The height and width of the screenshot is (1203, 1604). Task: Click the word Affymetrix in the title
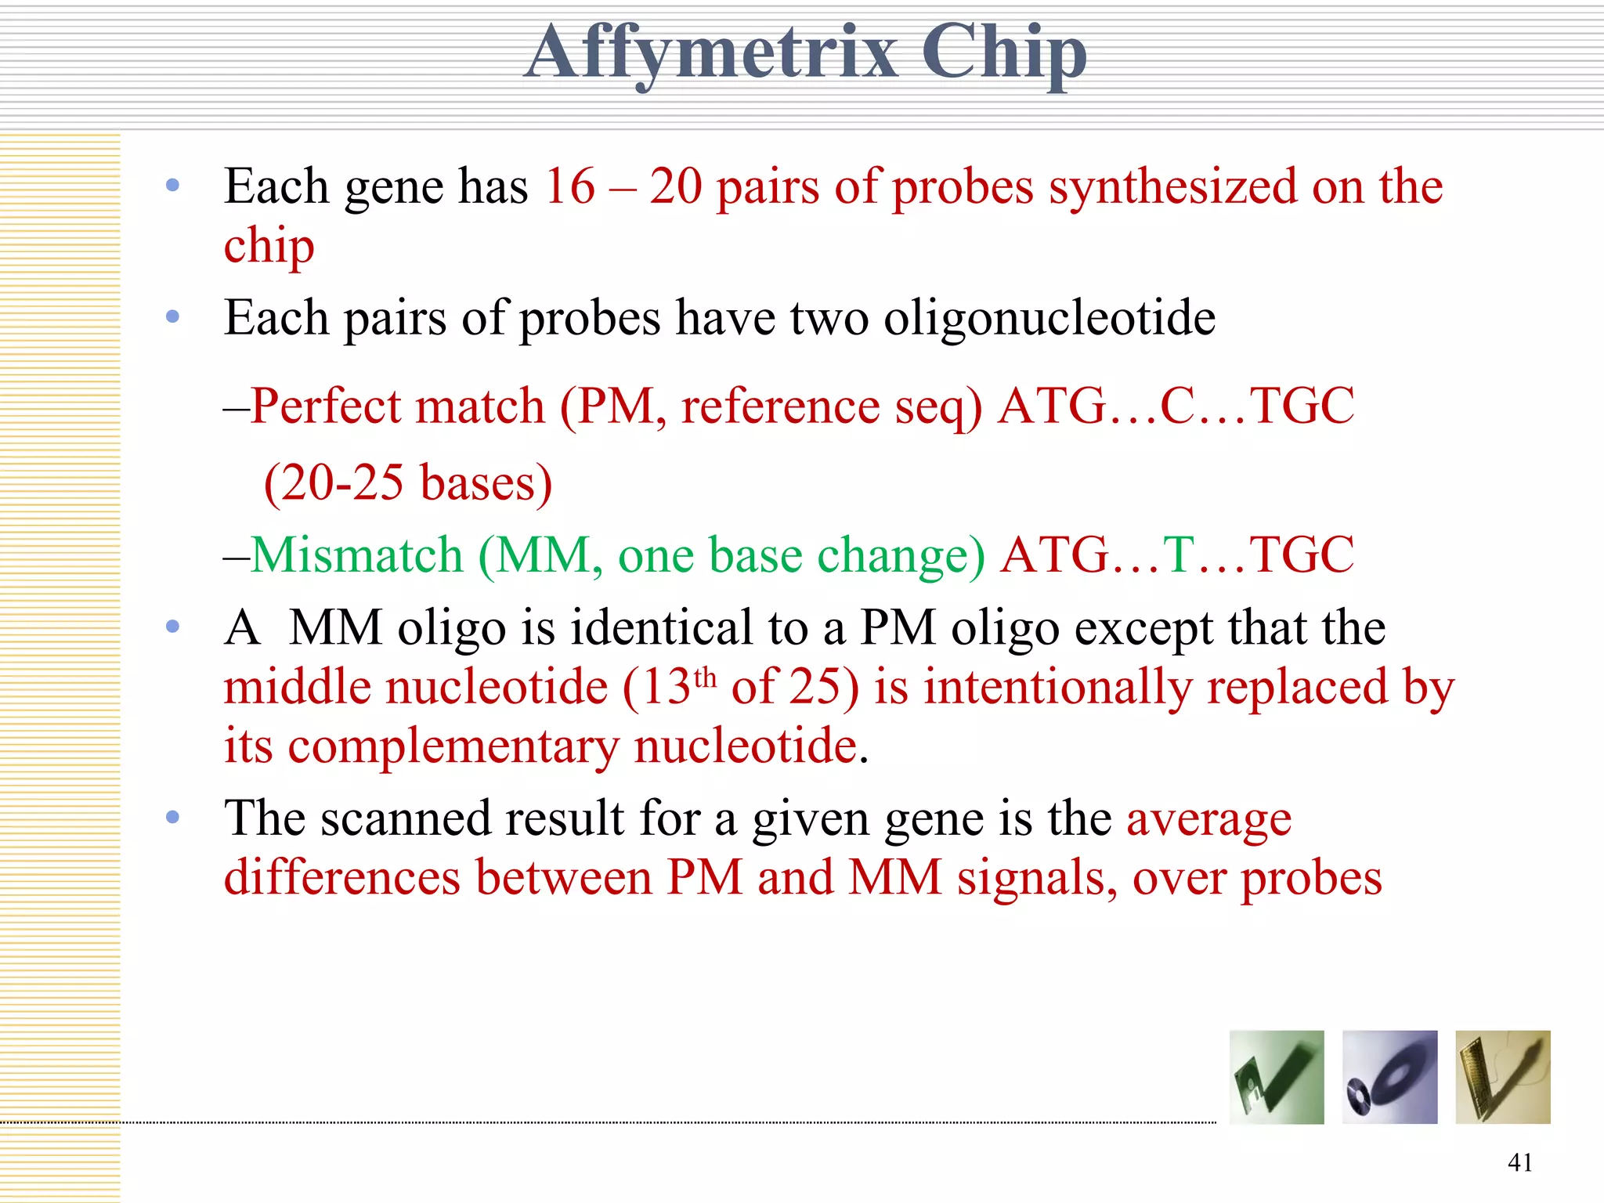[711, 53]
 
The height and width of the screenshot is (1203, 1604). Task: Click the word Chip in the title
[1003, 53]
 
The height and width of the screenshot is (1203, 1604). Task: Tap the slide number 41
[1519, 1162]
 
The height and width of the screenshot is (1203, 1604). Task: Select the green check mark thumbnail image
[1277, 1077]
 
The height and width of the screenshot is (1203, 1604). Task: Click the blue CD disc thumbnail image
[1389, 1077]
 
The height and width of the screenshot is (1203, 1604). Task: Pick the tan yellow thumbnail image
[1502, 1077]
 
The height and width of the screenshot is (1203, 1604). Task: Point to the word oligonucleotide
[1049, 319]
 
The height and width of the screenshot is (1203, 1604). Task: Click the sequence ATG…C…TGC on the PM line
[1176, 406]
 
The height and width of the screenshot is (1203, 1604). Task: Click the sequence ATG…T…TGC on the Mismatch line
[1177, 555]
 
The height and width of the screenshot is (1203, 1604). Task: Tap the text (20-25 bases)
[408, 482]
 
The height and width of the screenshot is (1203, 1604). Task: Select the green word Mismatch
[357, 555]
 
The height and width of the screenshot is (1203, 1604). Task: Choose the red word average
[1208, 819]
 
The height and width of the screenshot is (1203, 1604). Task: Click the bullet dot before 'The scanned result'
[173, 818]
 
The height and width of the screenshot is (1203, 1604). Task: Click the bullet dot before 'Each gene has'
[173, 186]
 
